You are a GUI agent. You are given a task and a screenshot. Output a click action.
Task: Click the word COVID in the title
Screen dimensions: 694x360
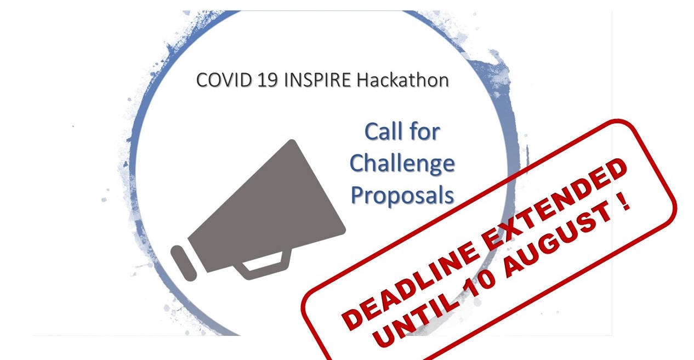tap(223, 80)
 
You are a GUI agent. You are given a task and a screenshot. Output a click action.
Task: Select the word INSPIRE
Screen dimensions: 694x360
tap(317, 80)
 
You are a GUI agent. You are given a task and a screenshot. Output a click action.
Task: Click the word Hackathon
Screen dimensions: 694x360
tap(403, 80)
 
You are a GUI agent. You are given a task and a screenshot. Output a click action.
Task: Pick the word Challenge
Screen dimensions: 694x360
tap(402, 164)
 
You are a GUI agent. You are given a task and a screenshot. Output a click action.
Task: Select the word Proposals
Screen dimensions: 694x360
tap(402, 196)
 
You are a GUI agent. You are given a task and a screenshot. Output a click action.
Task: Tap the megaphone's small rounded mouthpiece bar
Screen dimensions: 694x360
tap(184, 264)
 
